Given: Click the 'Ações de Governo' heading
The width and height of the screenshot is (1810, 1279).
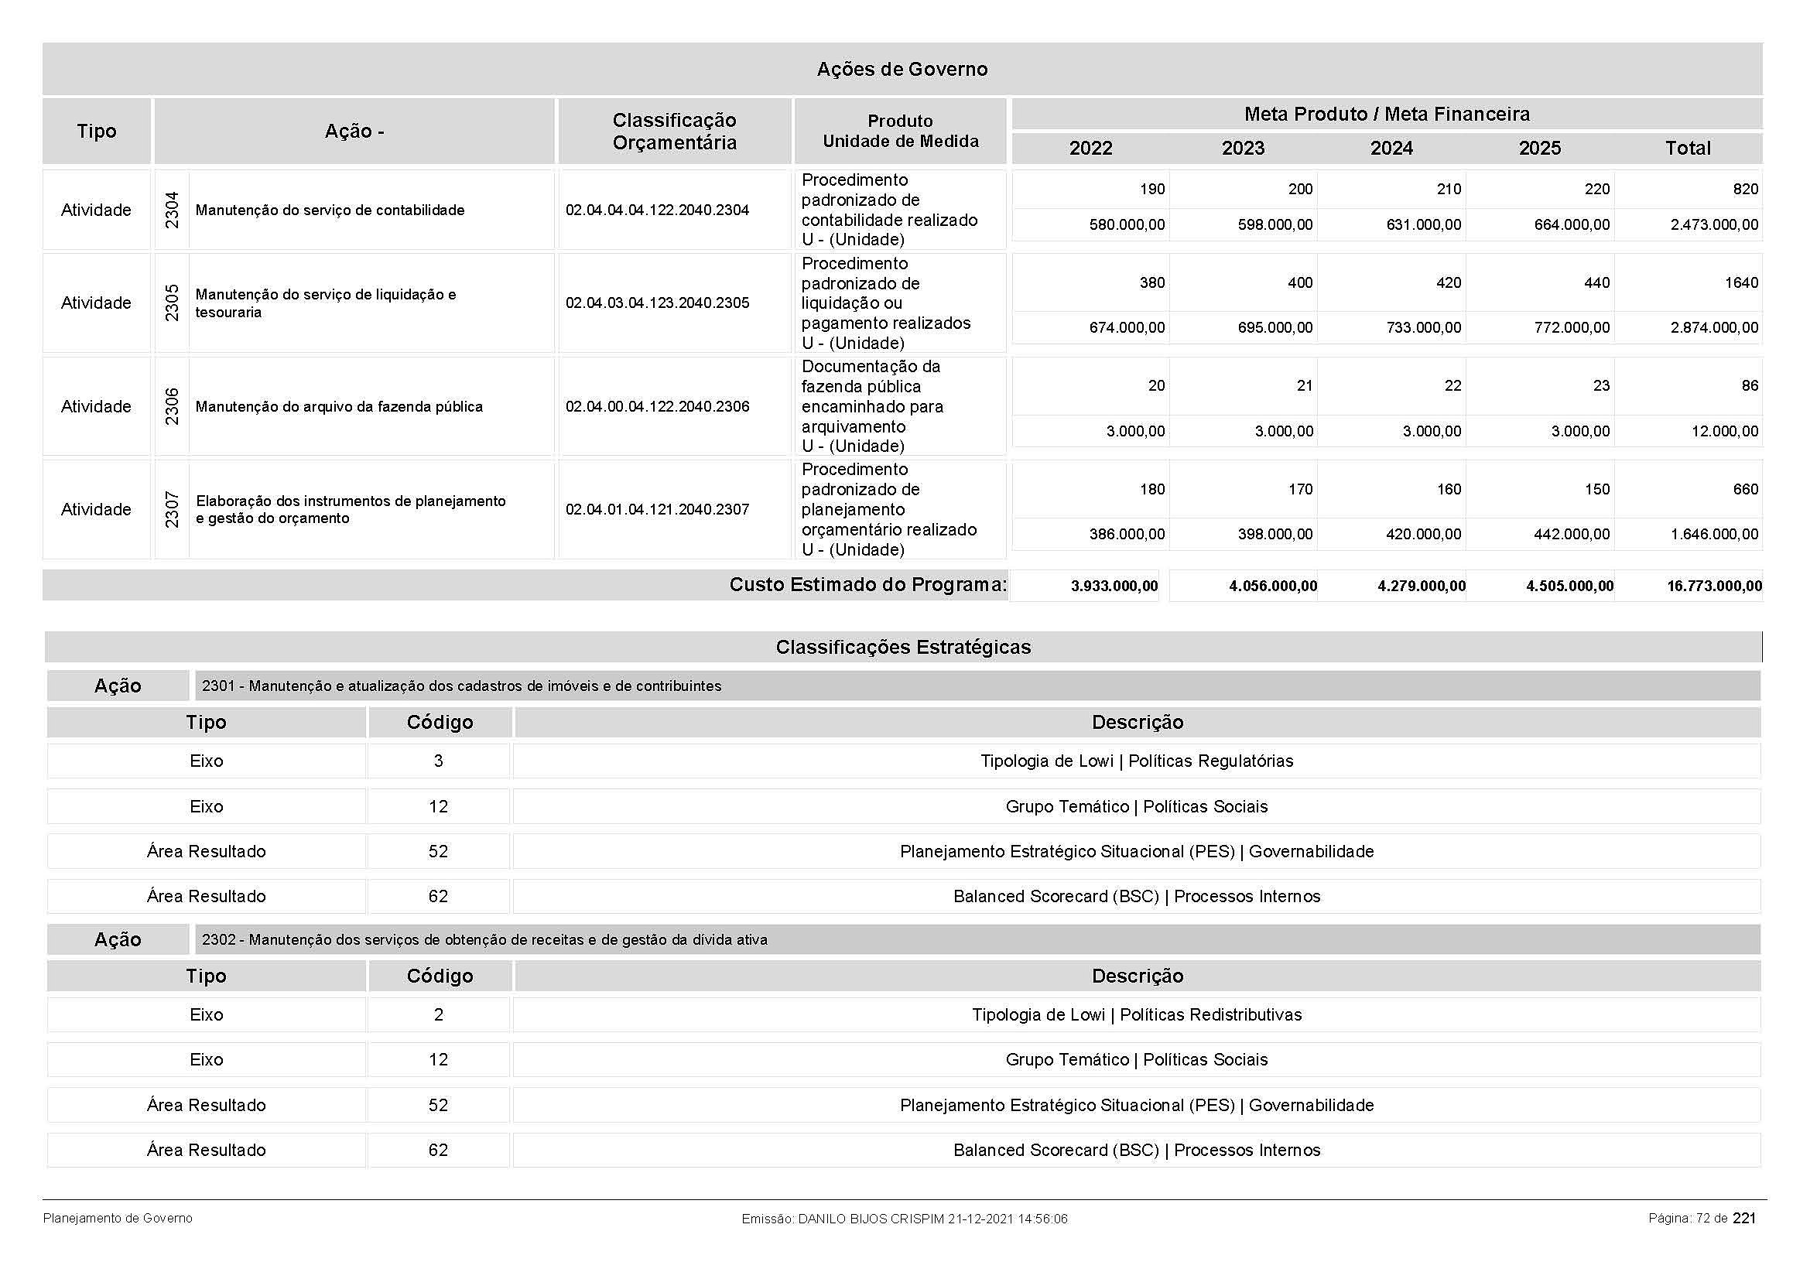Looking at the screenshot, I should pos(902,70).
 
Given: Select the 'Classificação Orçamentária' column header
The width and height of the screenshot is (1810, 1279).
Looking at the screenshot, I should pos(674,132).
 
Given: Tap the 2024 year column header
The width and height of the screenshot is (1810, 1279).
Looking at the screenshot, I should pos(1391,148).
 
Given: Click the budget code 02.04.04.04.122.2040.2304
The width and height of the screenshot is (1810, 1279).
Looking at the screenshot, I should pos(657,210).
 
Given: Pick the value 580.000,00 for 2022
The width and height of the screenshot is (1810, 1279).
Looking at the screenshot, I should pos(1127,225).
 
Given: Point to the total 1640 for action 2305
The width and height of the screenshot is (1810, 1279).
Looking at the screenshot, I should pos(1740,283).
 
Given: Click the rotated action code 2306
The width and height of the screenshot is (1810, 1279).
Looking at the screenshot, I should pos(172,407).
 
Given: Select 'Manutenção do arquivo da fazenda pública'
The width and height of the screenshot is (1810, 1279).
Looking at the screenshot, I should pos(339,408).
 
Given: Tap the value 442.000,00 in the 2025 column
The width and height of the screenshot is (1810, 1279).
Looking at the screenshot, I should pos(1571,535).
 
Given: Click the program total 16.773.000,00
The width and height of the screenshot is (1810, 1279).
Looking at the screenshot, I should pos(1714,586).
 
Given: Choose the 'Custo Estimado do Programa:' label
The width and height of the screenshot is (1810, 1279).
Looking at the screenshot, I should pos(867,585).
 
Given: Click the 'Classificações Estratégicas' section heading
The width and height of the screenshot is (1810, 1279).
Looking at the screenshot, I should pos(902,647).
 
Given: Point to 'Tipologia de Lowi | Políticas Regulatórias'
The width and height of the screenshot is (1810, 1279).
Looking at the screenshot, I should pos(1136,761).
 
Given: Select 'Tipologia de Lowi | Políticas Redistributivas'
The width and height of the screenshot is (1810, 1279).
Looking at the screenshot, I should pos(1136,1015).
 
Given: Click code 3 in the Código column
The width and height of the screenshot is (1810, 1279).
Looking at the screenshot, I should pos(438,761).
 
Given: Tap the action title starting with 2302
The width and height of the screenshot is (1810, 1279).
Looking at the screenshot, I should pos(484,940).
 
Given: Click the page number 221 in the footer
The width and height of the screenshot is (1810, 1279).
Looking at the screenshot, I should pos(1743,1219).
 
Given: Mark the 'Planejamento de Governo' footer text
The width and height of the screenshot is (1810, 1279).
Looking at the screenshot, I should pos(118,1219).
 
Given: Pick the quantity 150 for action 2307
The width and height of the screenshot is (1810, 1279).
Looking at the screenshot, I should pos(1597,489).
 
